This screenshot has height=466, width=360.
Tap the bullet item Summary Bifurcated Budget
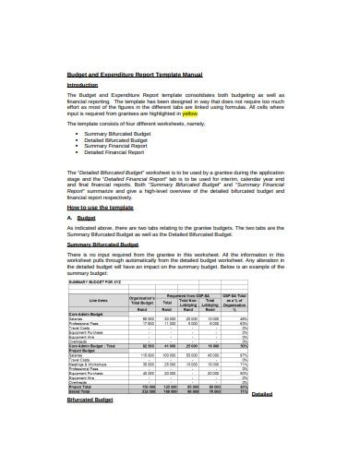point(117,133)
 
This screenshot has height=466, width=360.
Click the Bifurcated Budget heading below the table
point(90,400)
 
